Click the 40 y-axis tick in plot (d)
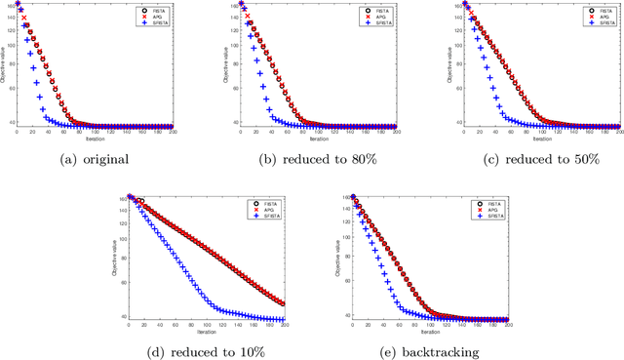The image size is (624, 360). click(x=123, y=316)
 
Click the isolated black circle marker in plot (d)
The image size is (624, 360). click(x=140, y=201)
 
